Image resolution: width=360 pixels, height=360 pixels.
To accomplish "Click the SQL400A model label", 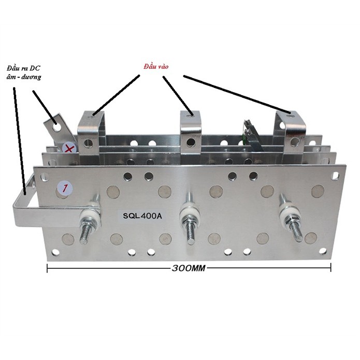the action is pyautogui.click(x=142, y=216).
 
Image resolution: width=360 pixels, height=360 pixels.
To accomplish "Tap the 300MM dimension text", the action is pyautogui.click(x=189, y=268).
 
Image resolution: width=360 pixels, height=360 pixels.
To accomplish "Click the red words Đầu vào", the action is pyautogui.click(x=156, y=67).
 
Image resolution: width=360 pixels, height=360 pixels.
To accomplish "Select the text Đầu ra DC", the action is pyautogui.click(x=23, y=68).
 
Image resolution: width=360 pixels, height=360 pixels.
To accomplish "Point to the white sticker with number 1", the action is pyautogui.click(x=65, y=188).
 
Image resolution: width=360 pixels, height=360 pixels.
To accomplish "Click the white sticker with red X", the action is pyautogui.click(x=69, y=149).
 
